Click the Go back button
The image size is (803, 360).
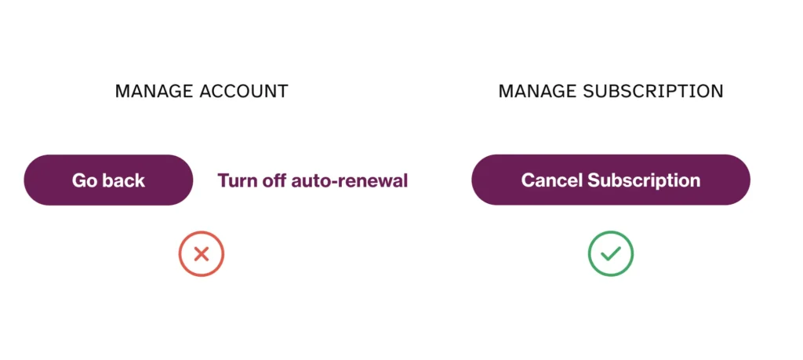click(108, 180)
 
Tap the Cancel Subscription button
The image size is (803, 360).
click(611, 180)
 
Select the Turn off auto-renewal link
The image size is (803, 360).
click(312, 180)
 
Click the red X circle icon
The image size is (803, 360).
click(202, 253)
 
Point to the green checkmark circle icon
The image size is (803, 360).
click(610, 253)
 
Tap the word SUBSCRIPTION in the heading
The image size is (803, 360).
click(653, 91)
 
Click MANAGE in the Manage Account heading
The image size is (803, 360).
click(154, 91)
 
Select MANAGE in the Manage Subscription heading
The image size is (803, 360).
click(538, 91)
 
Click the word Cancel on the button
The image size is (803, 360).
click(551, 180)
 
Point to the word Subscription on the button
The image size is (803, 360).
click(644, 180)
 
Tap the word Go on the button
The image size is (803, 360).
click(85, 180)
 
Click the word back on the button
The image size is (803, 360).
click(124, 180)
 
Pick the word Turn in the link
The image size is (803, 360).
click(237, 180)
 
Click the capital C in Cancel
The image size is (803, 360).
click(529, 180)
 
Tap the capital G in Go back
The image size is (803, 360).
click(79, 180)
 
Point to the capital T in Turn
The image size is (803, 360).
click(223, 180)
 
